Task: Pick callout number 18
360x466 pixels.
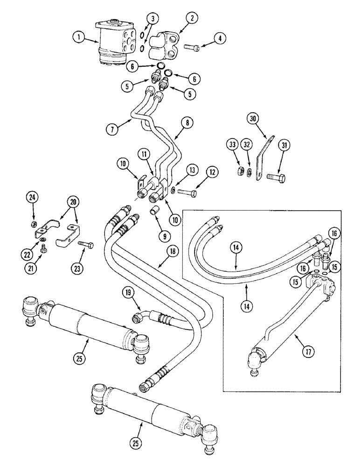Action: pyautogui.click(x=173, y=251)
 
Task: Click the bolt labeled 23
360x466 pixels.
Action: pyautogui.click(x=86, y=243)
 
